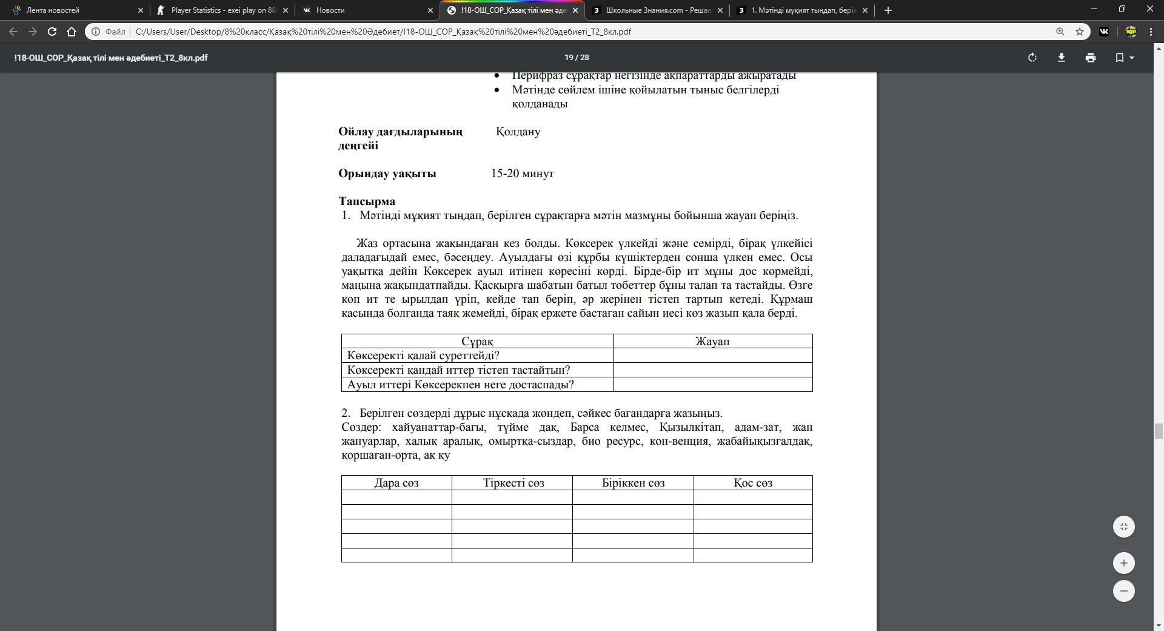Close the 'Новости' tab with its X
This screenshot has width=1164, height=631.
pyautogui.click(x=430, y=10)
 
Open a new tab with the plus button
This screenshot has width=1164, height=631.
pyautogui.click(x=888, y=10)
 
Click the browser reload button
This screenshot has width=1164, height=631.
pyautogui.click(x=52, y=32)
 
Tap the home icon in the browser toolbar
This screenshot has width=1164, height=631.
pyautogui.click(x=72, y=32)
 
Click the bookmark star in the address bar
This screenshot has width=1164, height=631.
pyautogui.click(x=1080, y=32)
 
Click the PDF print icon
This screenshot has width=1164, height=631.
pyautogui.click(x=1091, y=58)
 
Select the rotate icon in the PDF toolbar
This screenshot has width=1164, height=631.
pyautogui.click(x=1032, y=58)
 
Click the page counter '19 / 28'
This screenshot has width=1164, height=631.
pyautogui.click(x=577, y=58)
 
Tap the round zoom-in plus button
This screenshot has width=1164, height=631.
pyautogui.click(x=1123, y=563)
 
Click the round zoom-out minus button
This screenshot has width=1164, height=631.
pyautogui.click(x=1123, y=591)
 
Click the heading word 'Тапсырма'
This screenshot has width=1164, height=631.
pyautogui.click(x=367, y=201)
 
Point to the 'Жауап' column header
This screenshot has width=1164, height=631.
pyautogui.click(x=712, y=342)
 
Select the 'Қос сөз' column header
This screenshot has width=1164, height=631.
pyautogui.click(x=753, y=483)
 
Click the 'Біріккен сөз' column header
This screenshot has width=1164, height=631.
pyautogui.click(x=633, y=483)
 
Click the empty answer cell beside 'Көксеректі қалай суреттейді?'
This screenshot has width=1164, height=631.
pyautogui.click(x=712, y=356)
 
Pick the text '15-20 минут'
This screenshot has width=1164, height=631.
pyautogui.click(x=523, y=174)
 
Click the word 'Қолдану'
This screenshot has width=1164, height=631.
pyautogui.click(x=518, y=132)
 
